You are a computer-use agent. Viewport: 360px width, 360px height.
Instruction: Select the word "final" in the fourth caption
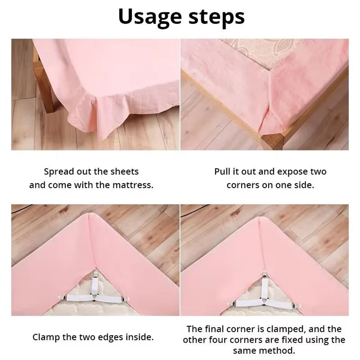(x=214, y=329)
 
